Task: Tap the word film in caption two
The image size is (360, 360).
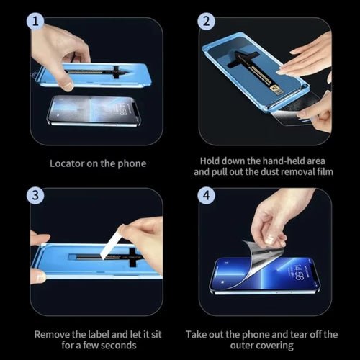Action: tap(325, 173)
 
